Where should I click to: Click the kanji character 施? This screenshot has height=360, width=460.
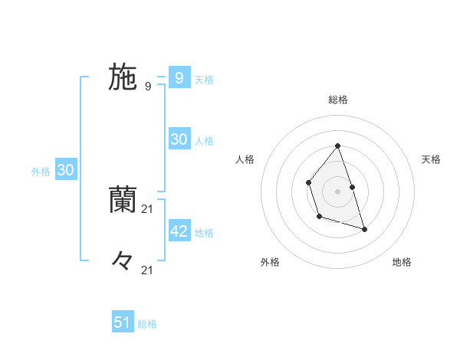click(123, 77)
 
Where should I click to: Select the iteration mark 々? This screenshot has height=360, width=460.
click(123, 261)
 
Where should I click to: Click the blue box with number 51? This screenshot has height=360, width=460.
click(123, 322)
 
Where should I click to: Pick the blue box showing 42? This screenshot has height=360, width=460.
click(179, 231)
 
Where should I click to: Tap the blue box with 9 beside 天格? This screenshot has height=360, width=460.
click(179, 77)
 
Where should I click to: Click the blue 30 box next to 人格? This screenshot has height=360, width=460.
click(179, 139)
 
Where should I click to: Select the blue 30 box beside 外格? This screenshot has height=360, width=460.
click(66, 170)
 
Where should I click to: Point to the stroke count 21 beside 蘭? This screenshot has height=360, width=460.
click(148, 209)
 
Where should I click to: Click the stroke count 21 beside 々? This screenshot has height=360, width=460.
click(148, 270)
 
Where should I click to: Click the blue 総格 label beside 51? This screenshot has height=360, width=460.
click(147, 324)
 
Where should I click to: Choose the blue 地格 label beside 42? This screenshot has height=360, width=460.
click(204, 232)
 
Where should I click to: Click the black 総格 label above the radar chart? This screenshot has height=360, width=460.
click(337, 100)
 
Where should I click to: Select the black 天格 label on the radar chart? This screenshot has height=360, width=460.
click(432, 159)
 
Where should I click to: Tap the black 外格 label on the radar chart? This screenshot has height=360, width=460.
click(270, 262)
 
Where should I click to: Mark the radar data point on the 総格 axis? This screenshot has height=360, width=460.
click(337, 146)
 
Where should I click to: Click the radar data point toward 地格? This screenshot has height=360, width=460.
click(364, 229)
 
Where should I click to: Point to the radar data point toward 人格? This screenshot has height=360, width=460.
click(308, 182)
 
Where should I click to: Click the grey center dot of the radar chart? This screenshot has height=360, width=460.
click(337, 191)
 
